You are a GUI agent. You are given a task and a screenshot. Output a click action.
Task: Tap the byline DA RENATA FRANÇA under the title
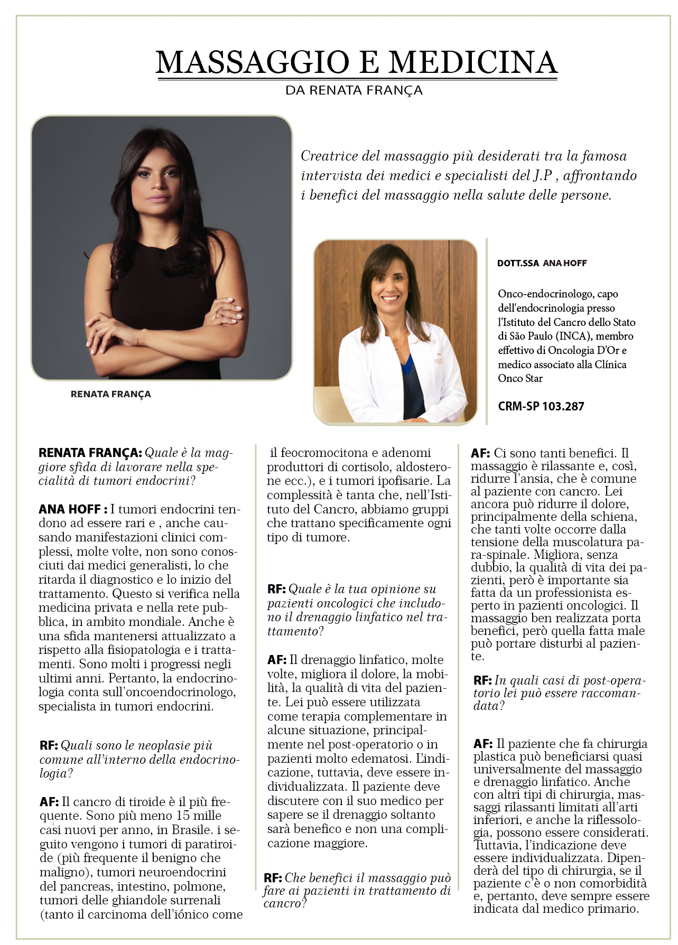[x=354, y=90]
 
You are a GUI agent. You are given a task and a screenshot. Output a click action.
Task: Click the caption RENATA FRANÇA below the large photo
[x=110, y=394]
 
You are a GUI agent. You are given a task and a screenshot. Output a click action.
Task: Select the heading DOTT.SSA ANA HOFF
[x=542, y=263]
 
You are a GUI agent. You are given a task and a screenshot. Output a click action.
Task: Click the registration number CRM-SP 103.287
[x=541, y=406]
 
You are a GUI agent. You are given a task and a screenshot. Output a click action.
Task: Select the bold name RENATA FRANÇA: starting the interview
[x=90, y=453]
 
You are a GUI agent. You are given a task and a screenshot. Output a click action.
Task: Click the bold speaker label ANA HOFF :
[x=73, y=509]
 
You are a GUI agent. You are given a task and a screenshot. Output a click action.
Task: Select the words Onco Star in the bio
[x=520, y=378]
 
